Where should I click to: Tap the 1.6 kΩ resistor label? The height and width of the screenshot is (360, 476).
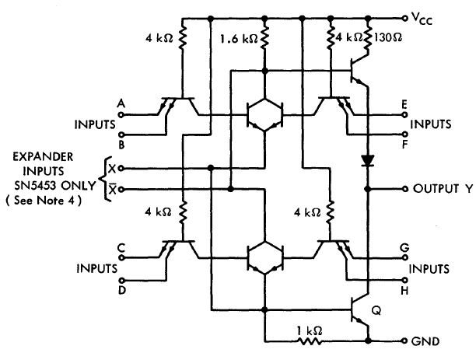pos(236,37)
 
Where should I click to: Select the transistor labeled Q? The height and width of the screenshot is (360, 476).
pos(360,309)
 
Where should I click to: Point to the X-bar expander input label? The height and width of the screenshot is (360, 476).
pos(114,189)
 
